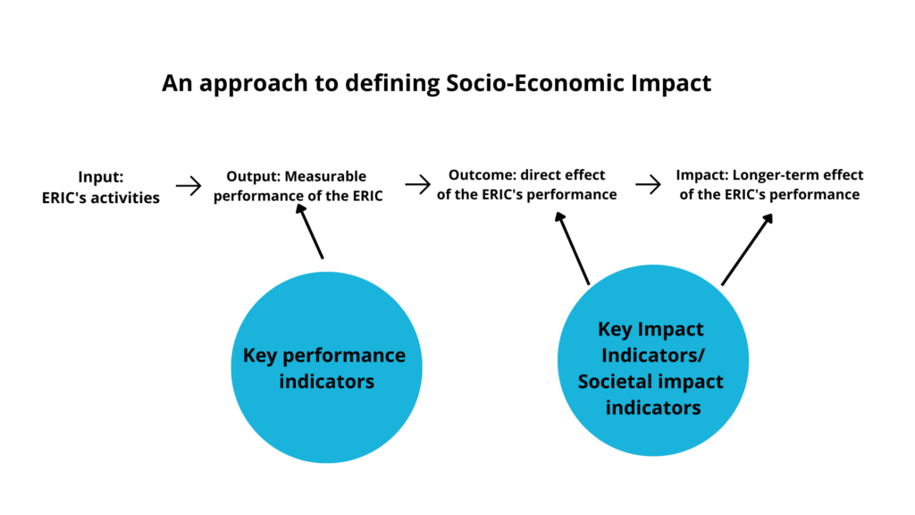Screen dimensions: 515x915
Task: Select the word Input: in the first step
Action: click(100, 177)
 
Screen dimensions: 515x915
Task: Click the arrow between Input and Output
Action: click(189, 185)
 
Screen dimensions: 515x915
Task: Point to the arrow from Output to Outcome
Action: click(417, 185)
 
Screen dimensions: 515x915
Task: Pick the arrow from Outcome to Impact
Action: click(648, 185)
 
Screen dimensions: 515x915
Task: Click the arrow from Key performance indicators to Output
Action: click(310, 232)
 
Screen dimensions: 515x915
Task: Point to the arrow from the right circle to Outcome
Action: click(572, 248)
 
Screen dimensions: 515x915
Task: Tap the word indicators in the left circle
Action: click(325, 382)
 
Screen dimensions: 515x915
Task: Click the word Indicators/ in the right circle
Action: click(652, 355)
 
